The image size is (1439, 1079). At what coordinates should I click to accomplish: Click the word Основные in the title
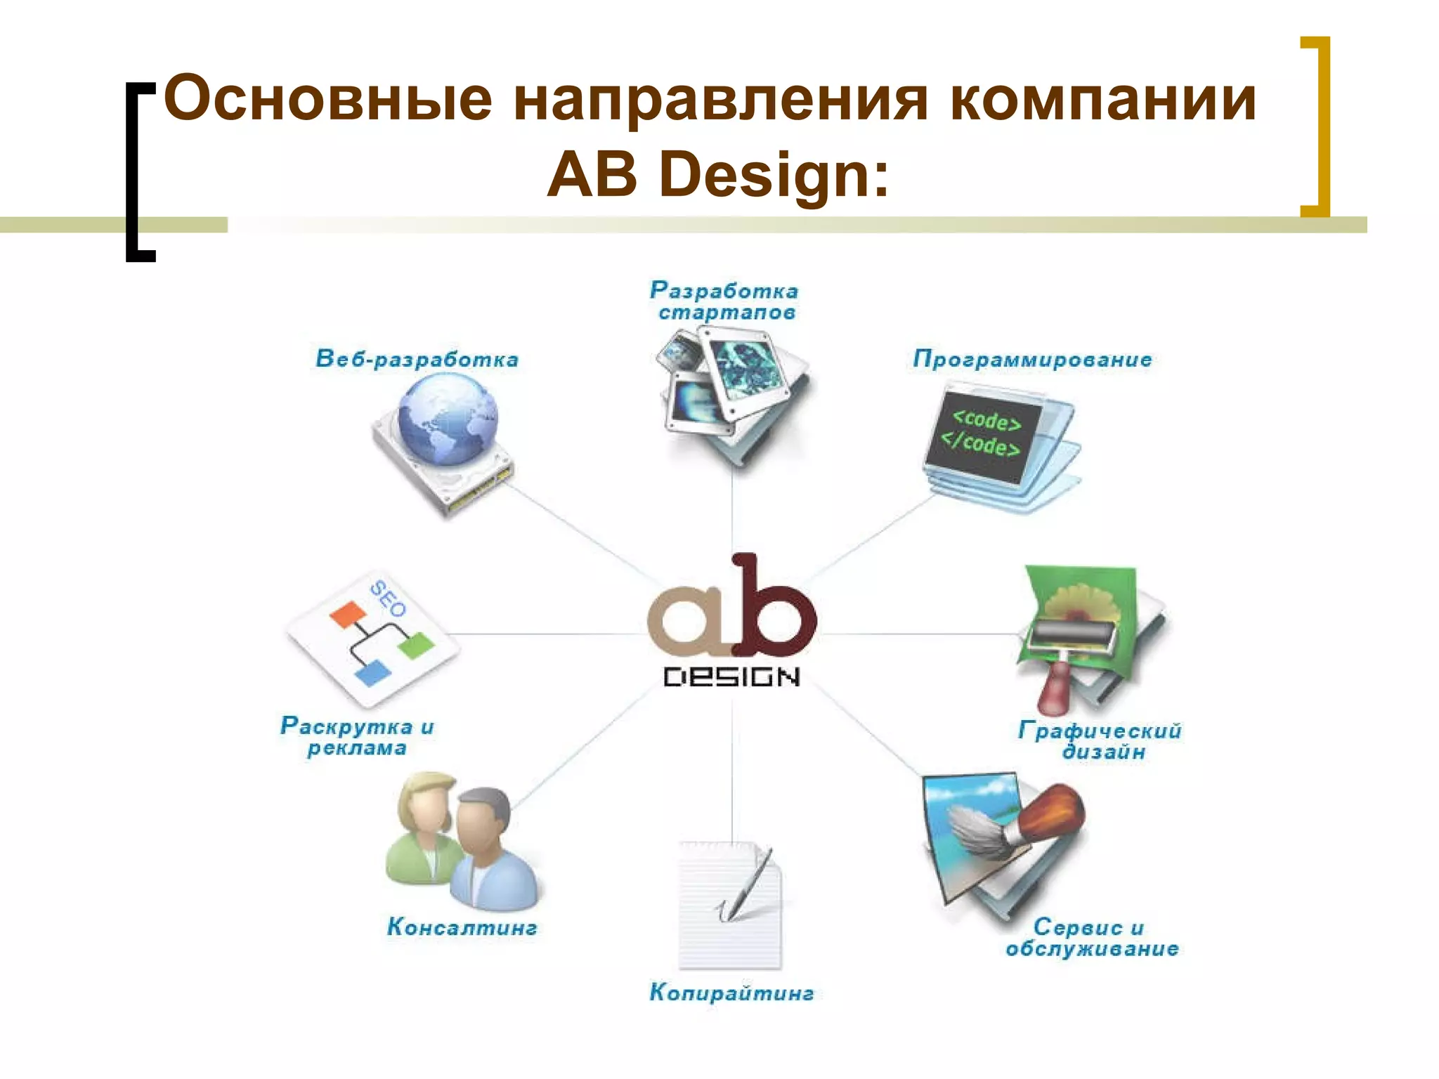(327, 100)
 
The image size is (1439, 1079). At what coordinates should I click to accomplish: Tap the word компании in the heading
(1102, 100)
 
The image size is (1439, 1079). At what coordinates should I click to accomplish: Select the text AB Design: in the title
(718, 175)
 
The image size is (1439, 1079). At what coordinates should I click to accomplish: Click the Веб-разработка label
(417, 359)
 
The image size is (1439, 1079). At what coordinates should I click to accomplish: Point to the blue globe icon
(447, 419)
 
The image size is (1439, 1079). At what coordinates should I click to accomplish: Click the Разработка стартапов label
(724, 301)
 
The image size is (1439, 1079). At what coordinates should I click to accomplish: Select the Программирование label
(1032, 359)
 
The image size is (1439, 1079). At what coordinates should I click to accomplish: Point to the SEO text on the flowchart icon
(389, 599)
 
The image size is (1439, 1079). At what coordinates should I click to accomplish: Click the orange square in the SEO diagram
(348, 614)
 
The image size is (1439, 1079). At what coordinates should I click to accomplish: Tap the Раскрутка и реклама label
(357, 736)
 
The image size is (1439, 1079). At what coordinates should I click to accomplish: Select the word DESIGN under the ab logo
(731, 677)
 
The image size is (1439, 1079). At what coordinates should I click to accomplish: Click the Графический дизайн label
(1100, 741)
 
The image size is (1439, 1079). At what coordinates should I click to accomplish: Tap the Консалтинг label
(462, 927)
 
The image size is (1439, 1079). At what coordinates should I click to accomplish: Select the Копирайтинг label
(731, 993)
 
